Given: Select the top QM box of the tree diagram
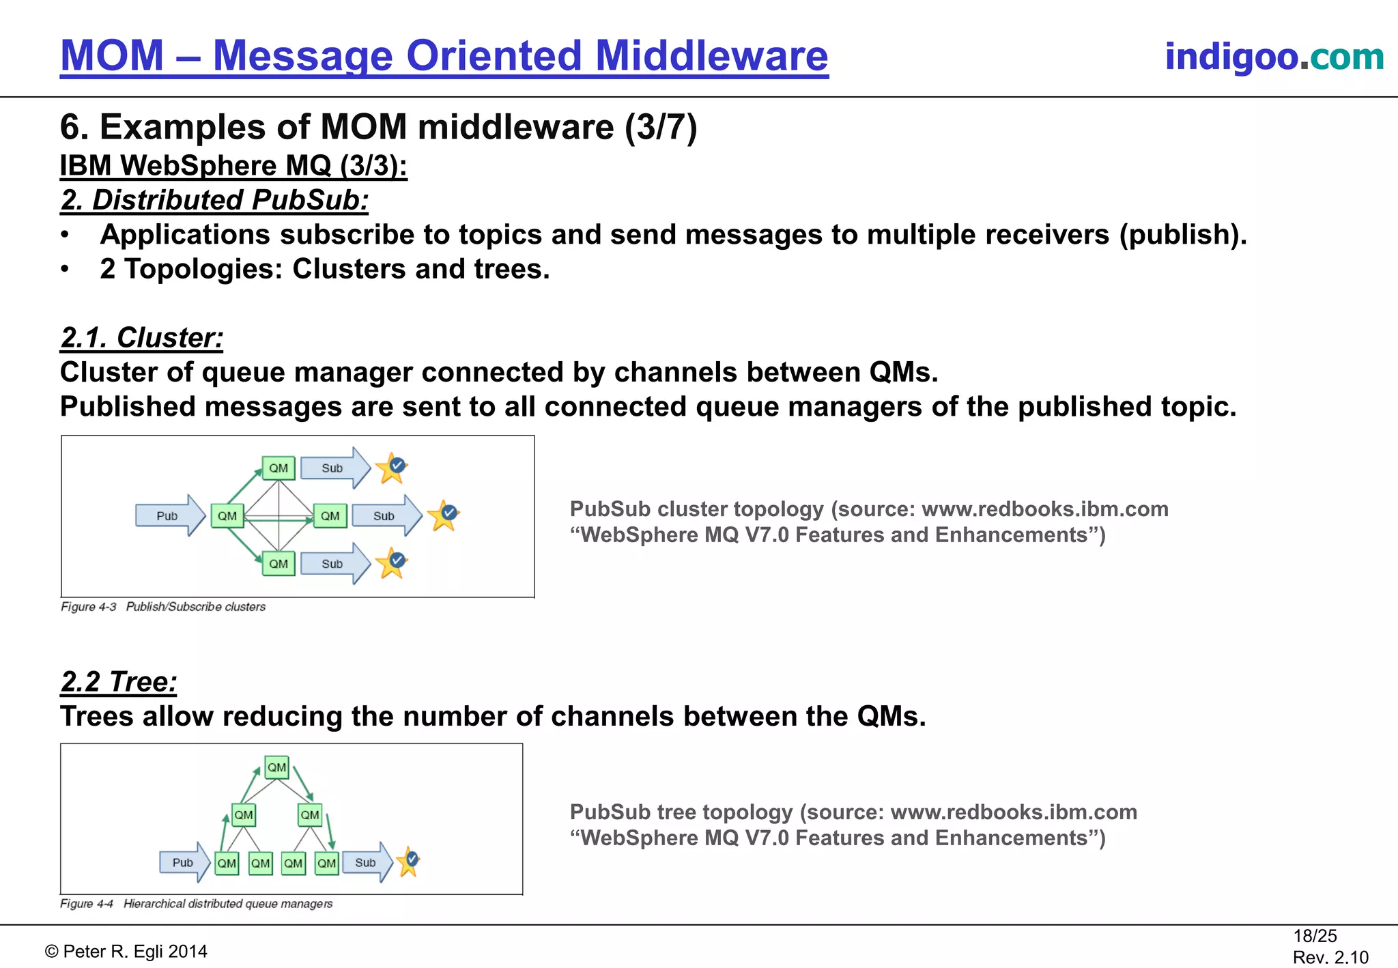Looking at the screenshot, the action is pyautogui.click(x=276, y=767).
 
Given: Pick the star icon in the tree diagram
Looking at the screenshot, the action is pyautogui.click(x=409, y=862).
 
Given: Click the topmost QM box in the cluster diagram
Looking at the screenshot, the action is pyautogui.click(x=279, y=468).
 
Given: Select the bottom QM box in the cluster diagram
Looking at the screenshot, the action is pyautogui.click(x=279, y=564).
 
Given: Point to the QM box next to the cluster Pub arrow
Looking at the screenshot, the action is pyautogui.click(x=227, y=516).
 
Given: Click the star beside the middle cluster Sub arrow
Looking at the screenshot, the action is pyautogui.click(x=444, y=515).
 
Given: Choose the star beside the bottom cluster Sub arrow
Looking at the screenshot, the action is pyautogui.click(x=393, y=563).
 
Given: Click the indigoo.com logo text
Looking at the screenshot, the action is pyautogui.click(x=1274, y=56).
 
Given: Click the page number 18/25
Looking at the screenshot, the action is pyautogui.click(x=1315, y=936).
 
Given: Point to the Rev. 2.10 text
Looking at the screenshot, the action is pyautogui.click(x=1330, y=957).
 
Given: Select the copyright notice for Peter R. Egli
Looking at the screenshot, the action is pyautogui.click(x=126, y=952).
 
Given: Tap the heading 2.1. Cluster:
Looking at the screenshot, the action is pyautogui.click(x=142, y=338).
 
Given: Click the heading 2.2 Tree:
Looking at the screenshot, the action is pyautogui.click(x=119, y=682).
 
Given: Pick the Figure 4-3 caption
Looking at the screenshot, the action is pyautogui.click(x=163, y=607).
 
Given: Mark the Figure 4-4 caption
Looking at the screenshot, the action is pyautogui.click(x=197, y=904).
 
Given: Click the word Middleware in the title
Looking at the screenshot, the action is pyautogui.click(x=712, y=56).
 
